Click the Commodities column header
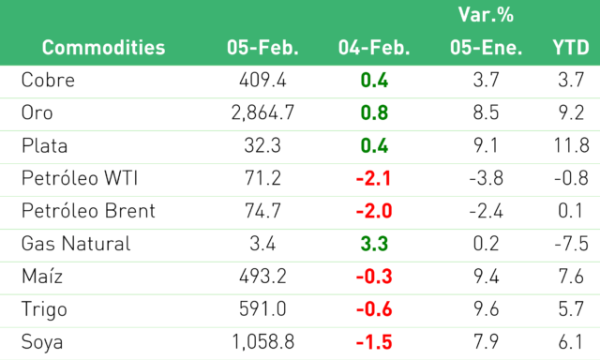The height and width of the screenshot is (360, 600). (103, 48)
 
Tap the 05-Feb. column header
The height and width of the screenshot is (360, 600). (262, 48)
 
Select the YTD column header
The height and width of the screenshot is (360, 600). (571, 48)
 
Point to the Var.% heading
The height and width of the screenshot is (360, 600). (486, 15)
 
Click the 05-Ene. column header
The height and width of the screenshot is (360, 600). (486, 48)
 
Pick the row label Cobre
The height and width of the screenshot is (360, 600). (48, 80)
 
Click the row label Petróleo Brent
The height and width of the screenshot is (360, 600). (88, 211)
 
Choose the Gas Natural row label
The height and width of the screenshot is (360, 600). (76, 244)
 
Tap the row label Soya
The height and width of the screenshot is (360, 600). (42, 342)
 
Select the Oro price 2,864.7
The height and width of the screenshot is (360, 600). (262, 112)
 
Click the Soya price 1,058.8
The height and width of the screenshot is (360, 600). (262, 342)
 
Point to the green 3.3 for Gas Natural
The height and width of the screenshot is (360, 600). (374, 244)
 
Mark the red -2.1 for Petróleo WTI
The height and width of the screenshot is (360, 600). (373, 178)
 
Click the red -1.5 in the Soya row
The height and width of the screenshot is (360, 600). (374, 342)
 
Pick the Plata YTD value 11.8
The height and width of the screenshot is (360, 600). (571, 145)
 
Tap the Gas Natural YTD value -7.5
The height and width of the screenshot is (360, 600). (571, 244)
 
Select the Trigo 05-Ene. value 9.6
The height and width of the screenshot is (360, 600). (486, 309)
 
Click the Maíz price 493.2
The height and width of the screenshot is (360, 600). (262, 277)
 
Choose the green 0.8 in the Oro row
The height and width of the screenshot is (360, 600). (374, 112)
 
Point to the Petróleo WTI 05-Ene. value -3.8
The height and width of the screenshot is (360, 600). (486, 178)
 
